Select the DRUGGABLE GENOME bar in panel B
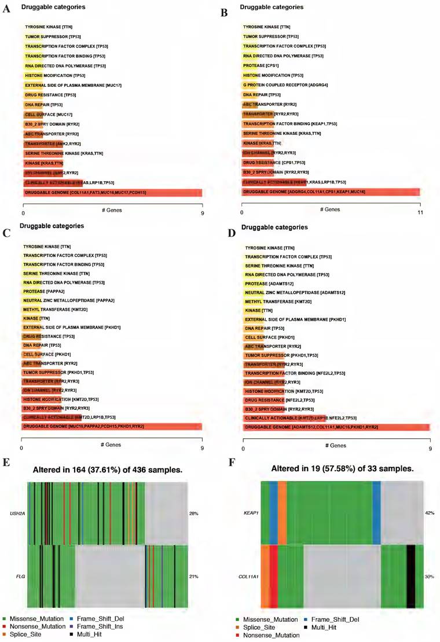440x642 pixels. pos(331,192)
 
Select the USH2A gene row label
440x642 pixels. pos(14,513)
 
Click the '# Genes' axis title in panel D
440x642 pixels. pos(336,446)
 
